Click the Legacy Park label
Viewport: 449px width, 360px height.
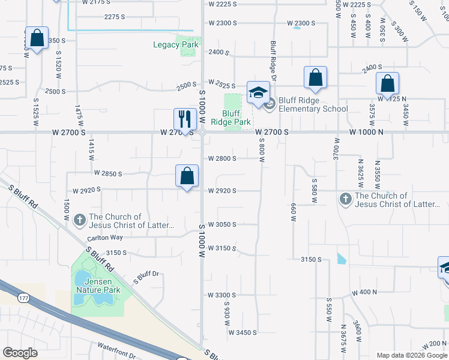coord(176,44)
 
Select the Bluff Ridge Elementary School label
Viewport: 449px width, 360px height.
coord(313,104)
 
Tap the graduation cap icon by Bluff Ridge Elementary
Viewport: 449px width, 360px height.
coord(258,92)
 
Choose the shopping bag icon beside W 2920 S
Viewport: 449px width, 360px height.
coord(187,176)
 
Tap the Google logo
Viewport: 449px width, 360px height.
coord(20,353)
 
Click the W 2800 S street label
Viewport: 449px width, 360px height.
coord(222,158)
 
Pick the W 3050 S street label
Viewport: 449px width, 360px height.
coord(222,224)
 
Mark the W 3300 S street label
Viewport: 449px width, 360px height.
coord(222,295)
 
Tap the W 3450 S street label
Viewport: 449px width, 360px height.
coord(242,332)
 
